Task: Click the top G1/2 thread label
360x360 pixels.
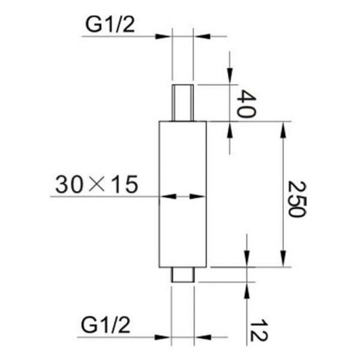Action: (x=110, y=25)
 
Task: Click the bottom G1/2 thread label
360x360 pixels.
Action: (x=106, y=325)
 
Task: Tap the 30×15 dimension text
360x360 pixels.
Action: (x=97, y=184)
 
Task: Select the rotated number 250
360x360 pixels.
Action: (x=298, y=199)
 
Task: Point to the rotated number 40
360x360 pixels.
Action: (x=245, y=104)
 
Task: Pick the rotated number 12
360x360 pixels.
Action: (x=258, y=331)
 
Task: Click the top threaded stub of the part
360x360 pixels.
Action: (x=183, y=103)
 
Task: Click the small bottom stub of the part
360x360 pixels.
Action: (x=183, y=275)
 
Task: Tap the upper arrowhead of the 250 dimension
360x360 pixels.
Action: (x=283, y=130)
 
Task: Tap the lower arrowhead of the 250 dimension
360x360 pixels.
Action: (x=283, y=259)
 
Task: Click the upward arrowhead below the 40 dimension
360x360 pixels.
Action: (x=230, y=130)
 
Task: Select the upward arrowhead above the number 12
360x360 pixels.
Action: (x=247, y=290)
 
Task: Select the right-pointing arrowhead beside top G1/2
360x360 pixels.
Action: (x=163, y=36)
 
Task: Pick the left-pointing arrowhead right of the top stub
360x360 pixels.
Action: (x=202, y=36)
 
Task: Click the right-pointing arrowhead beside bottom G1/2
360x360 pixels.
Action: (x=163, y=337)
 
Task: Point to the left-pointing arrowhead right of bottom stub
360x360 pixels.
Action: (x=203, y=337)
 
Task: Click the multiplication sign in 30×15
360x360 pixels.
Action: (x=97, y=185)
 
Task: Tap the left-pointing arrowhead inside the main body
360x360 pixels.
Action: (x=168, y=196)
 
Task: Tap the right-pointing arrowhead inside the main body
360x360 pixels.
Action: (x=197, y=196)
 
